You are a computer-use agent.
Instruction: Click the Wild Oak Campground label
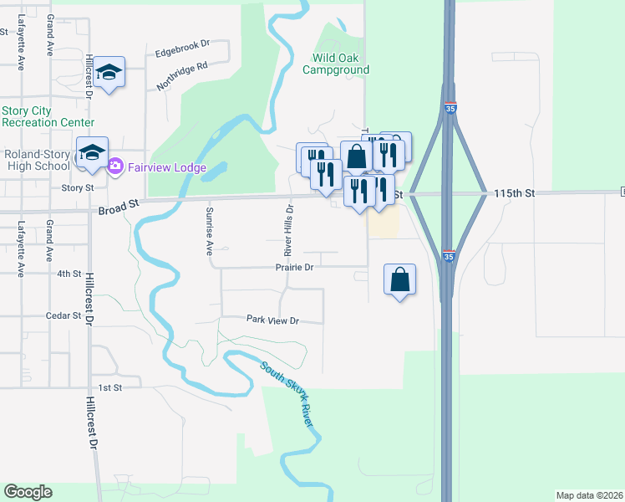[x=341, y=64]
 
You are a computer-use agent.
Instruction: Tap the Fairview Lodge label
[x=167, y=167]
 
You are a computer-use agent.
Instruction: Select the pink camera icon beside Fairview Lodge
[x=116, y=167]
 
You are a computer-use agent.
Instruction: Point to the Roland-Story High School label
[x=38, y=160]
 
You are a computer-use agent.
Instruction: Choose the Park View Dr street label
[x=272, y=319]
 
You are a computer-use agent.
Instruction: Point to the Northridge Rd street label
[x=181, y=76]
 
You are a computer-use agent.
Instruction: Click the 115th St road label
[x=513, y=193]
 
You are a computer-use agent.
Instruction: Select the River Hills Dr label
[x=288, y=230]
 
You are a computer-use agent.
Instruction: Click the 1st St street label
[x=110, y=388]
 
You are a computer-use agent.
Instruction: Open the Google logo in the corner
[x=28, y=492]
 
